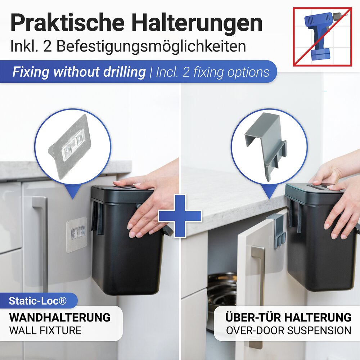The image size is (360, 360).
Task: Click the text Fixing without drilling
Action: click(x=79, y=72)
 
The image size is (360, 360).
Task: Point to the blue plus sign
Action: click(x=180, y=216)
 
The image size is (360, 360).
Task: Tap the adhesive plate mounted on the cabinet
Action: click(x=77, y=234)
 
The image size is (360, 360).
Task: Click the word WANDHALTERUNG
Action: click(x=60, y=318)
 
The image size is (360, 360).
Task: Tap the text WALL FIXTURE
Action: click(x=45, y=330)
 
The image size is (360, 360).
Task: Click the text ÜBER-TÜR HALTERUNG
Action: click(x=288, y=318)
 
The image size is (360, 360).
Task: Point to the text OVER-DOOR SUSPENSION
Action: click(x=288, y=330)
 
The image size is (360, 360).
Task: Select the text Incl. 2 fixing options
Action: click(x=212, y=72)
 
